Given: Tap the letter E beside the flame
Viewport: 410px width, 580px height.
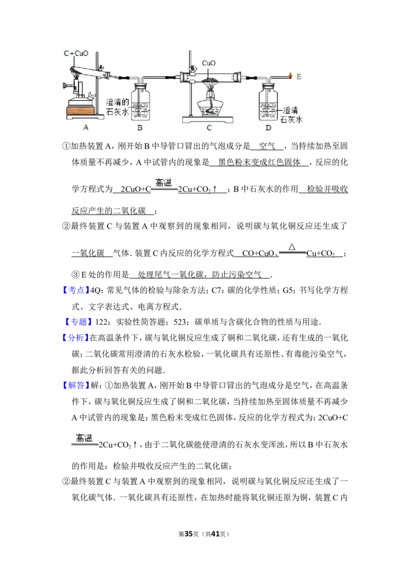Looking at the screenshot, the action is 299,76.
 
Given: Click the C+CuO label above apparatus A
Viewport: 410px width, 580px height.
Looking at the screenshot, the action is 76,53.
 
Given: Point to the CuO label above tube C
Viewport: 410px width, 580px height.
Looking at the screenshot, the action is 208,63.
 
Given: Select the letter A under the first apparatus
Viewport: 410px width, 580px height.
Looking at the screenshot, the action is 86,127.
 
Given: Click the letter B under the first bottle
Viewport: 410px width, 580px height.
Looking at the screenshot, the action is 140,128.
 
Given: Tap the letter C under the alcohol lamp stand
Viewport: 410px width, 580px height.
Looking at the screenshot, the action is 209,128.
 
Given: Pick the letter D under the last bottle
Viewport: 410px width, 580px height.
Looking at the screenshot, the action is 268,128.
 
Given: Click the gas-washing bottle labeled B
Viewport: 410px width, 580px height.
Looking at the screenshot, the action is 140,102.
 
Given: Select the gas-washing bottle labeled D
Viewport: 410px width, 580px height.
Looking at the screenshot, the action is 268,102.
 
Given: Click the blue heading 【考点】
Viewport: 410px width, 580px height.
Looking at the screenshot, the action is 75,291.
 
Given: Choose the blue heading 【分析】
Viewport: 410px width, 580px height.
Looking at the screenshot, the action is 75,338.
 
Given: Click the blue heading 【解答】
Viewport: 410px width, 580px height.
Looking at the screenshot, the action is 75,385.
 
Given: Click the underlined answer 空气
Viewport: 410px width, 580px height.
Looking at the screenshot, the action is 267,146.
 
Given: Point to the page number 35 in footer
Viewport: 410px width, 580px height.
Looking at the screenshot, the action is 189,534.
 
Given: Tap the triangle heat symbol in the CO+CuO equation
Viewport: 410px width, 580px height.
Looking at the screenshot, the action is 292,247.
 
